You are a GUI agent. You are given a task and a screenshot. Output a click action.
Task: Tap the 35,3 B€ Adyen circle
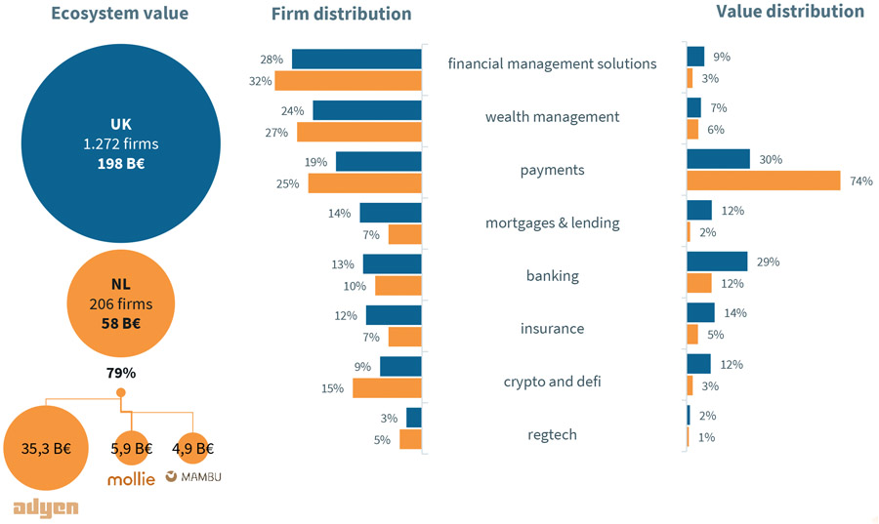coord(46,449)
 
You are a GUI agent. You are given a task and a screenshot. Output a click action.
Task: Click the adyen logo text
coord(46,508)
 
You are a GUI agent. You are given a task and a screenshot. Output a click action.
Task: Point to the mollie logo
coord(131,479)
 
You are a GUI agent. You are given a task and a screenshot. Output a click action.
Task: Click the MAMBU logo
coord(193,477)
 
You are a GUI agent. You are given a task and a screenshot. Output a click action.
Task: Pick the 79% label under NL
coord(121,373)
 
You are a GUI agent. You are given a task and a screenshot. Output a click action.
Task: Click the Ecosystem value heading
coord(120,14)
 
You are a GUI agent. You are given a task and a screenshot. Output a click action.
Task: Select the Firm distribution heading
coord(341,14)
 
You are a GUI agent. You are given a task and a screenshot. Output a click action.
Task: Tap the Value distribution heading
coord(789,12)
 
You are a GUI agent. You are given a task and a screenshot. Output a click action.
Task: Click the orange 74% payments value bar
coord(763,181)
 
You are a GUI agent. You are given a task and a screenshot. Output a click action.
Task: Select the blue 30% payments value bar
coord(718,159)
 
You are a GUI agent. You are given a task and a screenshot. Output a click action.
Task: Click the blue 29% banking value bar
coord(717,262)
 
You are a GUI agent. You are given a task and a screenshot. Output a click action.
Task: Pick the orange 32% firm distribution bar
coord(348,81)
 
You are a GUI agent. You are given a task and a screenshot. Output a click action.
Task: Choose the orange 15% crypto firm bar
coord(387,387)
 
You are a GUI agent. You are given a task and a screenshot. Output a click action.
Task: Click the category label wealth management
coord(552,117)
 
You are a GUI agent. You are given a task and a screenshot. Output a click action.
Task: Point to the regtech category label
coord(552,434)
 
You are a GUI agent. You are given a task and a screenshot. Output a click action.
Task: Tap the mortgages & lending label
coord(552,222)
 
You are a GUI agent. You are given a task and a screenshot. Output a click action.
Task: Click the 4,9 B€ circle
coord(191,449)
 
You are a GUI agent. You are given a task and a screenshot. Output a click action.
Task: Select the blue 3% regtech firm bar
coord(413,418)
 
